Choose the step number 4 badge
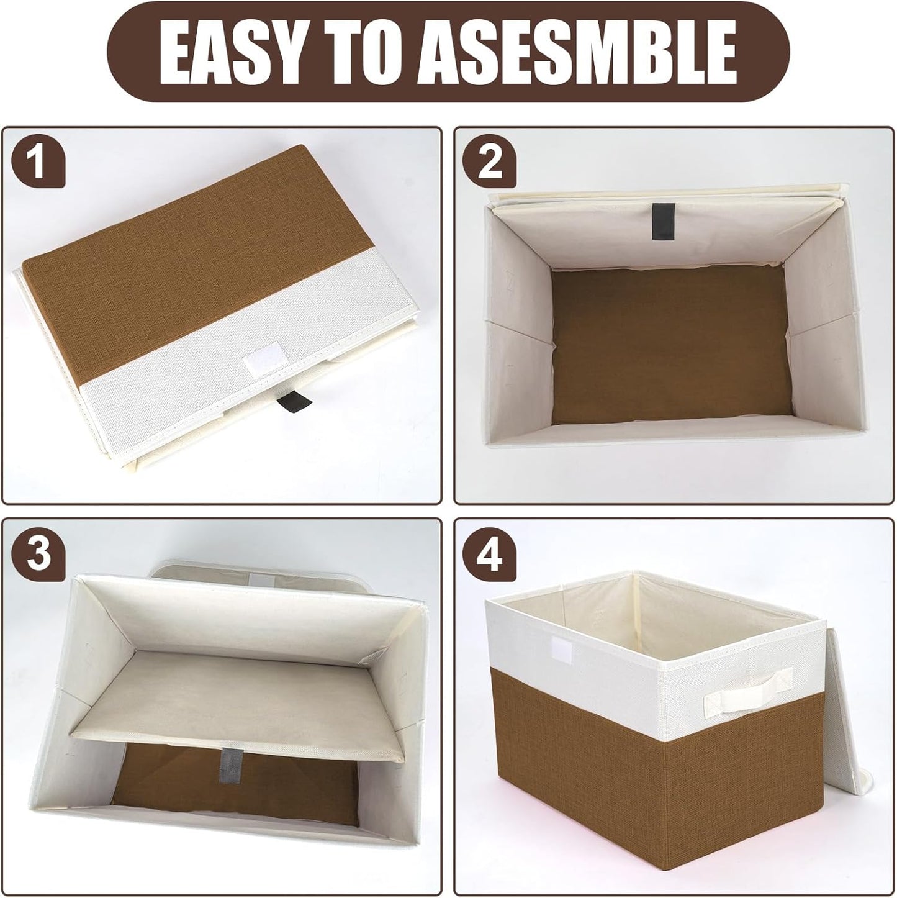pos(490,553)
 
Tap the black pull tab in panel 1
pos(287,402)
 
